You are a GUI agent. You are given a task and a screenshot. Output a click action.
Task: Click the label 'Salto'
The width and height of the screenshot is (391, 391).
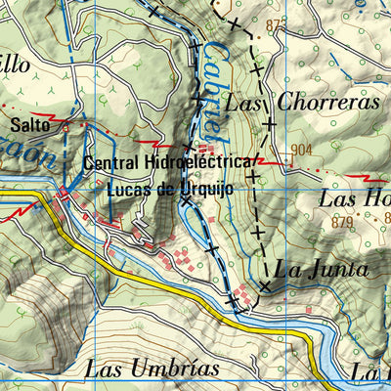pos(28,126)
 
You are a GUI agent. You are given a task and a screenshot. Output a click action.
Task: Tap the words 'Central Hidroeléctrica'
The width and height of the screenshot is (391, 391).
pos(169,163)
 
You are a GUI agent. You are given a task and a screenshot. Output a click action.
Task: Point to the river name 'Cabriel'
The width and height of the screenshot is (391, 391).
pos(217,83)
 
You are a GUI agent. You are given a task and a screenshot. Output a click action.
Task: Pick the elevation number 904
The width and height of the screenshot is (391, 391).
pos(301,150)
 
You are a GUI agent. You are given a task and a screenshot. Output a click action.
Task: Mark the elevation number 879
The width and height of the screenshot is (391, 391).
pos(341,223)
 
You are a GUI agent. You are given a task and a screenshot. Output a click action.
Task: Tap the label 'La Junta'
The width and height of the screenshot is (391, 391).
pos(322,269)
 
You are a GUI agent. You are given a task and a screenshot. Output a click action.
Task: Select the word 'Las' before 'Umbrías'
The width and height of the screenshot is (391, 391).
pos(105,369)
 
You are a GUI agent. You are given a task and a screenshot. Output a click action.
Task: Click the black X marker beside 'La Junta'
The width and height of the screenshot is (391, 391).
pos(265,285)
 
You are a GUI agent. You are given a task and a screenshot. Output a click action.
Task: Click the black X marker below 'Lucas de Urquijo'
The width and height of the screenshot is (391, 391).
pos(186,199)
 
